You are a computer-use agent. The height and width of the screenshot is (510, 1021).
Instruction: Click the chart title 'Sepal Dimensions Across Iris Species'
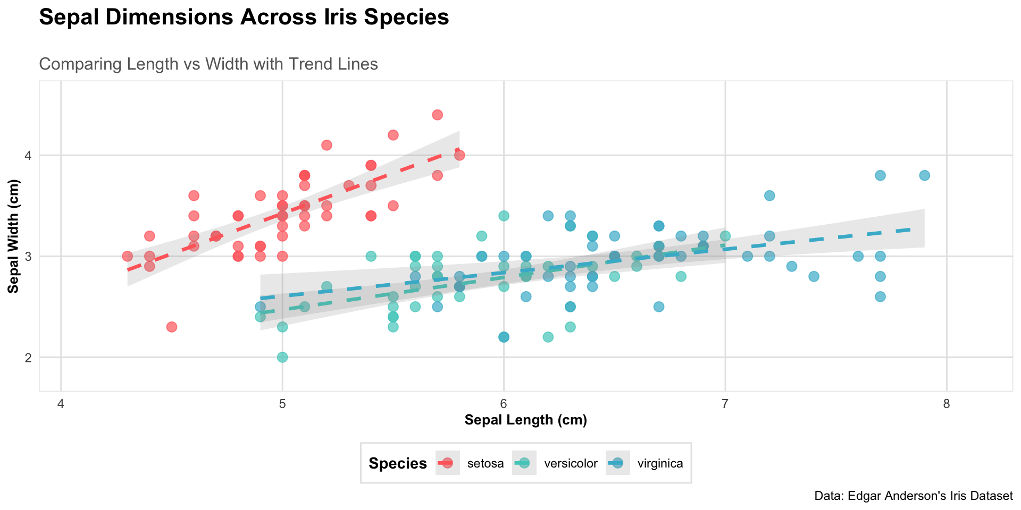(x=244, y=18)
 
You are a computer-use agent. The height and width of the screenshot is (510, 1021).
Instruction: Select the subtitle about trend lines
(x=208, y=64)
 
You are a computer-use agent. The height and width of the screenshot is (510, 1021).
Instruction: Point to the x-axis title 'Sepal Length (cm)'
(x=525, y=420)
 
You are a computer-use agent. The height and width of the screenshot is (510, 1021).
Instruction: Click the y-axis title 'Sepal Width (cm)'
(x=14, y=236)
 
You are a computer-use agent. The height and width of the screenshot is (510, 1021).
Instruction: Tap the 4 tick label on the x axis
(x=61, y=404)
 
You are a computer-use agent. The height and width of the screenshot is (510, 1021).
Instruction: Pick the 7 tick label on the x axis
(x=725, y=404)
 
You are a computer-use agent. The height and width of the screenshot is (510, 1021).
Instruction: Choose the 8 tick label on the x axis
(x=946, y=404)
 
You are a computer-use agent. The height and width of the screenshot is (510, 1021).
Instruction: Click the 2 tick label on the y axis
(x=28, y=358)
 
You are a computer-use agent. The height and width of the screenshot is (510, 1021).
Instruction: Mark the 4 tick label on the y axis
(x=28, y=156)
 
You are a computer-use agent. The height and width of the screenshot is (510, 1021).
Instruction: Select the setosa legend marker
(x=447, y=463)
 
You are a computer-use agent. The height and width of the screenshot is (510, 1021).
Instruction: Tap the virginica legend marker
(x=617, y=463)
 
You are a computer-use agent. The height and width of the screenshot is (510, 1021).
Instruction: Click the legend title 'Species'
(x=397, y=464)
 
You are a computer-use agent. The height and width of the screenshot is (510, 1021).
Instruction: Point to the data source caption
(x=913, y=496)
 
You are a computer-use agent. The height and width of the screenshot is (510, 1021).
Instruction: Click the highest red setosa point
(x=438, y=115)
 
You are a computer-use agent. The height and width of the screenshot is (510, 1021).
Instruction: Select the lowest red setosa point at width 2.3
(x=172, y=327)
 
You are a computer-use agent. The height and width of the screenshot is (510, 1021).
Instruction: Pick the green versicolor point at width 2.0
(x=282, y=357)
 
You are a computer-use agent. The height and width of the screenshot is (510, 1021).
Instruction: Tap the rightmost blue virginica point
(x=924, y=175)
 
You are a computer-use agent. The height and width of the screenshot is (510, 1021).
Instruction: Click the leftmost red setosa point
(x=128, y=256)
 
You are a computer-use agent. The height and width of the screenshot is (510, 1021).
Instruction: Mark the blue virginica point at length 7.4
(x=814, y=276)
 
